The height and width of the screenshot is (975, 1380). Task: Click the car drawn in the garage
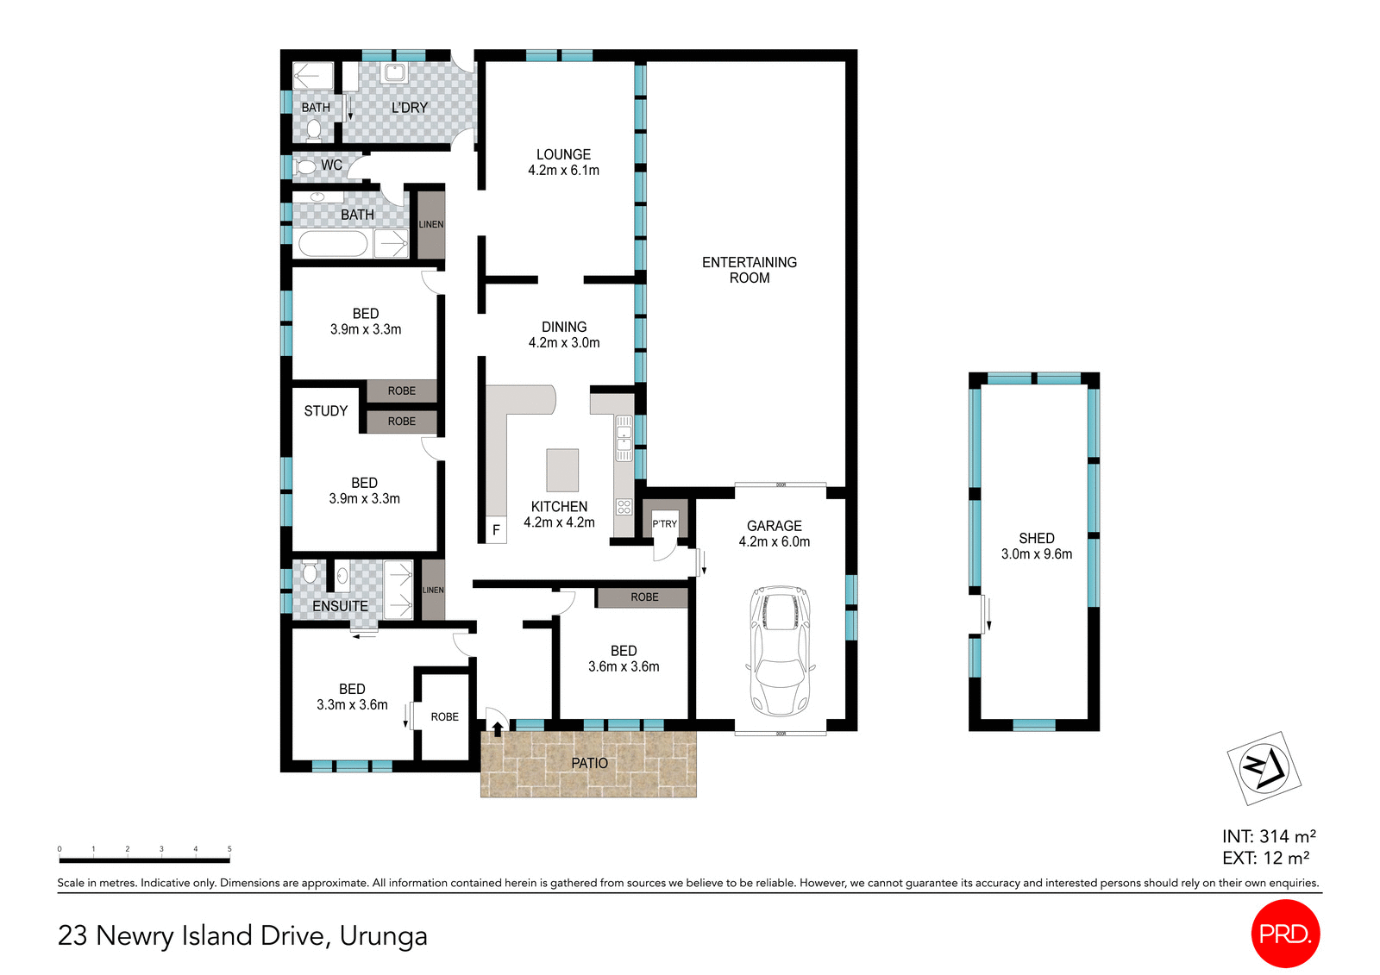coord(781,651)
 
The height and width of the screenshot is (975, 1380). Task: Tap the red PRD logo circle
coord(1285,934)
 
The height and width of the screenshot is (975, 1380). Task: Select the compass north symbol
coord(1264,767)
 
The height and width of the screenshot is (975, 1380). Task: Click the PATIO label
coord(589,763)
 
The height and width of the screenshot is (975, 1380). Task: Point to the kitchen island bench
coord(562,470)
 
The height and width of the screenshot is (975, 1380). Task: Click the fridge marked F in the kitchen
coord(496,530)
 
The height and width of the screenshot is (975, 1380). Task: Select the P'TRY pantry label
coord(664,523)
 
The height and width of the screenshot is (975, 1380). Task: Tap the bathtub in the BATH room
coord(332,244)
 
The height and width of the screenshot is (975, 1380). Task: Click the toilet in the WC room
coord(304,166)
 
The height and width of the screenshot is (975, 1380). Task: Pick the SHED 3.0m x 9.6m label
coord(1036,546)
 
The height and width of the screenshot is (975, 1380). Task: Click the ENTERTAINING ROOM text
coord(749,270)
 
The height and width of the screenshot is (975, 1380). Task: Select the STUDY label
coord(325,411)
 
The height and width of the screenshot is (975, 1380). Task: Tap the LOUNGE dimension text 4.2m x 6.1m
coord(563,171)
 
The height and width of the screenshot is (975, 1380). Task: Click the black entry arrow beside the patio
coord(497,729)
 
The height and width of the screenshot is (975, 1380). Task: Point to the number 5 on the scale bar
coord(229,849)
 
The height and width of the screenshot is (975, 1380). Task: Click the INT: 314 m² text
coord(1268,836)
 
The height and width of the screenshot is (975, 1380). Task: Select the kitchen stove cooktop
coord(624,507)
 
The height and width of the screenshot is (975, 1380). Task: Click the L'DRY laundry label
coord(409,108)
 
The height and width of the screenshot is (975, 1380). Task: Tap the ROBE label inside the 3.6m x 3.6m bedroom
coord(643,597)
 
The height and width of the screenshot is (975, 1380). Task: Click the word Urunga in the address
coord(383,935)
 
